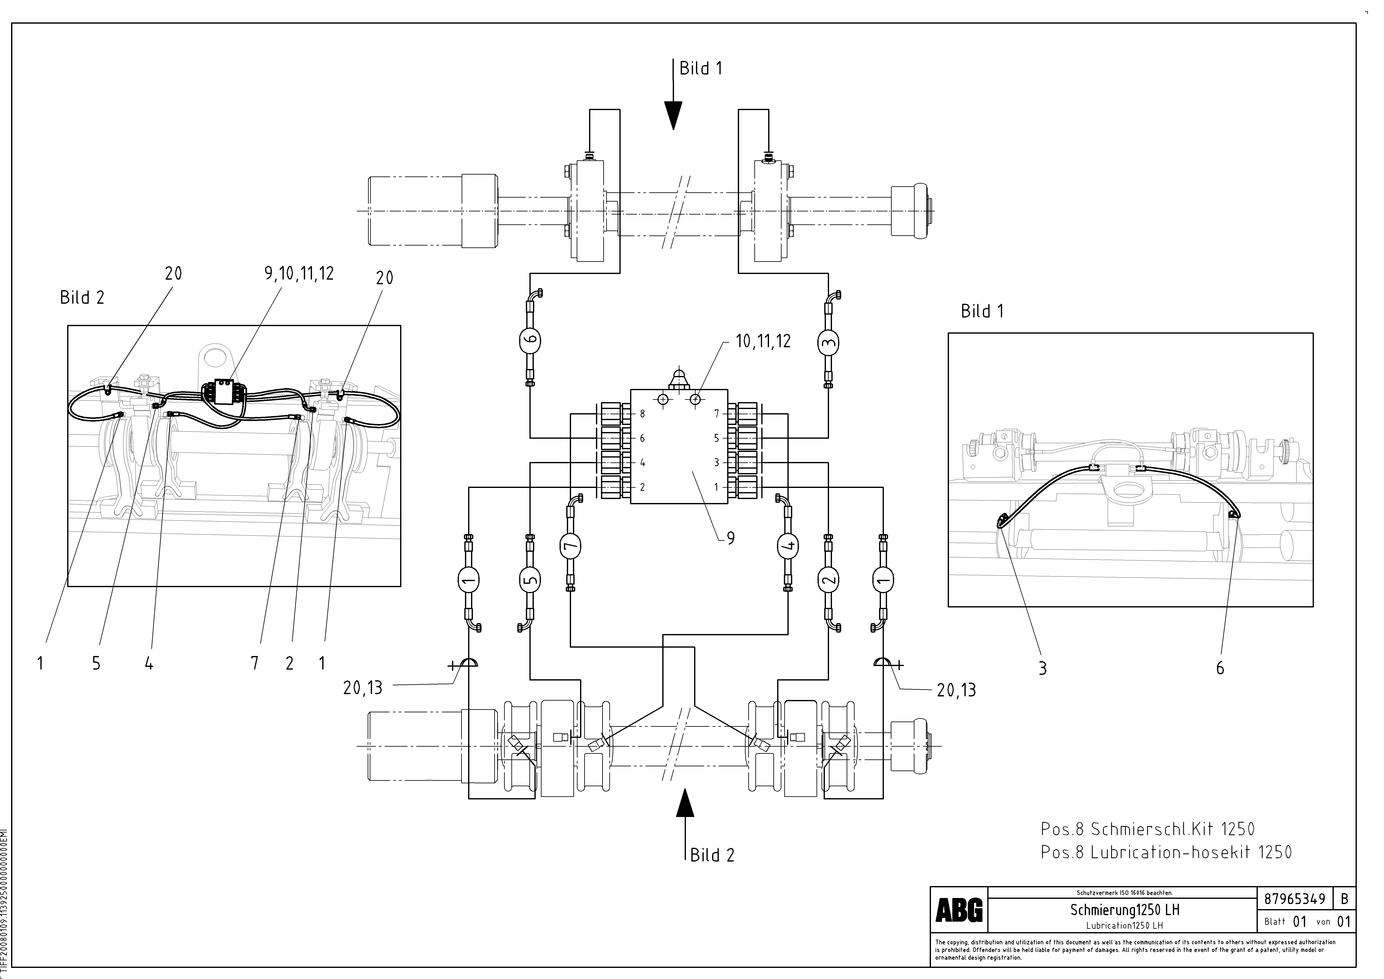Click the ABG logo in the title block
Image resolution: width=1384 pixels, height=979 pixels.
(959, 910)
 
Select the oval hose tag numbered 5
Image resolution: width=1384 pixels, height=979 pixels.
(530, 580)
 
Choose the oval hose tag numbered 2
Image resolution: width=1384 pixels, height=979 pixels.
(829, 580)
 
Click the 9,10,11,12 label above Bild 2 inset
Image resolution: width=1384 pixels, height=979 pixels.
(299, 274)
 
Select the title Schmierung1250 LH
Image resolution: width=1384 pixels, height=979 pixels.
(1125, 910)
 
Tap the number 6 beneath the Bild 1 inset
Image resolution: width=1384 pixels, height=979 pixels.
(1220, 668)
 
